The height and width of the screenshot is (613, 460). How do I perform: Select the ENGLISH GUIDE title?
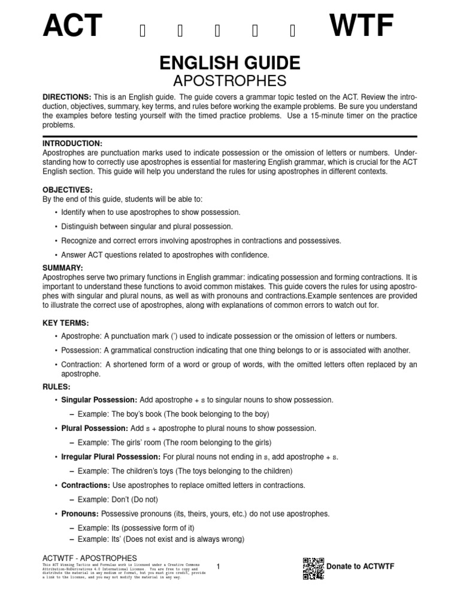tap(229, 63)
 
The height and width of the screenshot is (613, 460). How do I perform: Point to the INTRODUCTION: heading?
tap(72, 144)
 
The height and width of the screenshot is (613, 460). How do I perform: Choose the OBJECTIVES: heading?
tap(67, 189)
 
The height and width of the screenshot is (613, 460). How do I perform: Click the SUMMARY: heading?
tap(63, 267)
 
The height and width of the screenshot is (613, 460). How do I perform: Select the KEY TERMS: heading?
tap(66, 323)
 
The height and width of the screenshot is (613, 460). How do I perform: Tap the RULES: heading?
tap(57, 387)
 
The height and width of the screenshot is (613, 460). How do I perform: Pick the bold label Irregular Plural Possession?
tap(113, 457)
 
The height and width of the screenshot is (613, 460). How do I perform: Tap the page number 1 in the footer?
tap(219, 566)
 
